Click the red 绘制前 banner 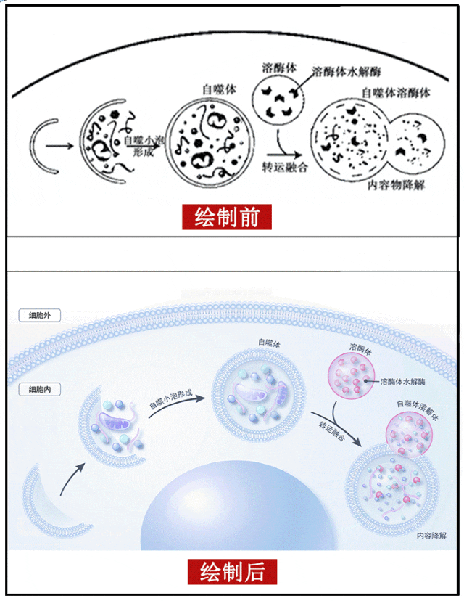click(x=226, y=218)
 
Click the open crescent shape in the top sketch click(x=50, y=145)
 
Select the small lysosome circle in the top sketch click(x=281, y=102)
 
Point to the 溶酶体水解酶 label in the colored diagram click(x=406, y=380)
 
